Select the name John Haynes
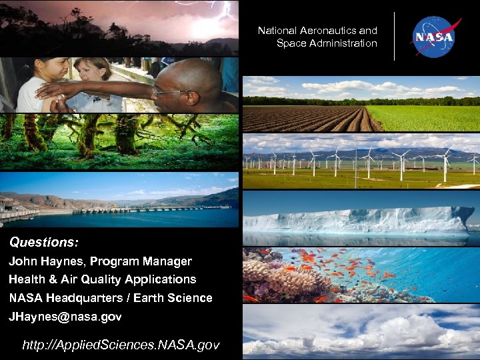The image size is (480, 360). tap(46, 261)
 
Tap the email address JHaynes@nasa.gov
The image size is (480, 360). tap(65, 317)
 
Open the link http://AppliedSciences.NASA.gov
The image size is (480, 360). tap(121, 345)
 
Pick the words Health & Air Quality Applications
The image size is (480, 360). tap(102, 279)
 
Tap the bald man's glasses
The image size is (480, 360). tap(168, 91)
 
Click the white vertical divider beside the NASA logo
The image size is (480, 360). tap(394, 37)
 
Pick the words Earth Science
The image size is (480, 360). tap(181, 298)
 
